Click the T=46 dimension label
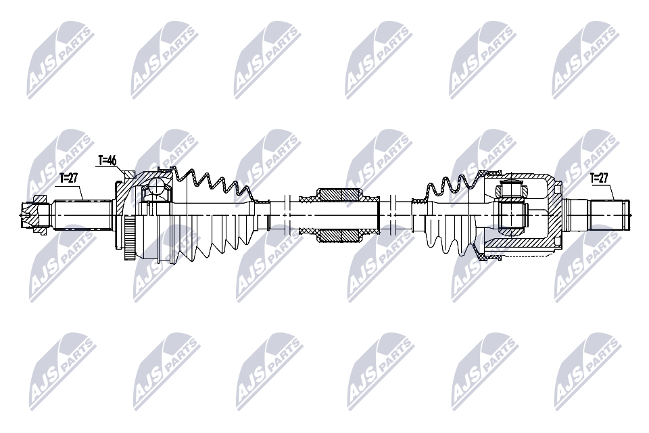click(x=107, y=160)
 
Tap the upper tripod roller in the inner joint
click(x=514, y=189)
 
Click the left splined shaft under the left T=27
click(x=82, y=215)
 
